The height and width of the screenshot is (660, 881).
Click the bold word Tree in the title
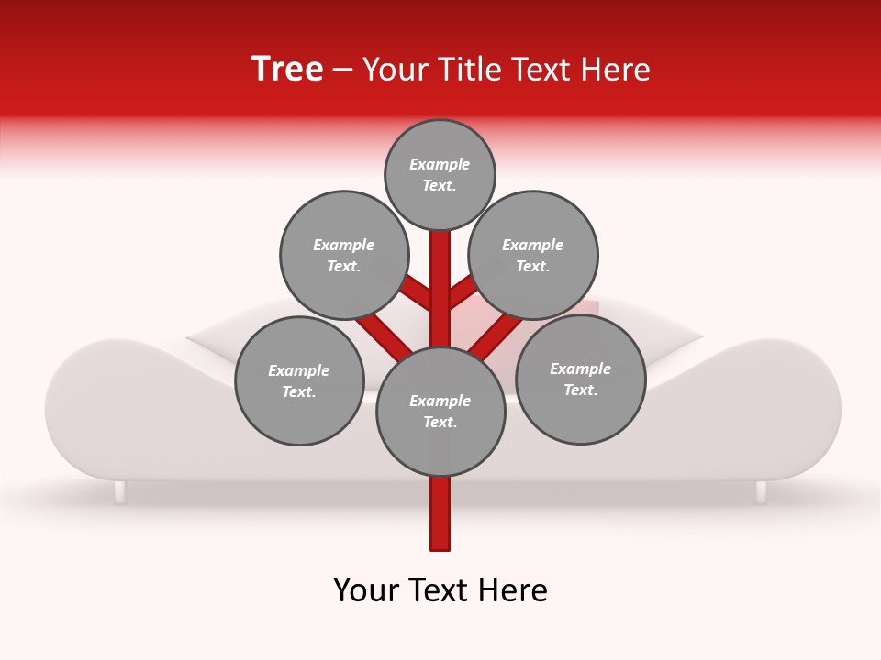tap(287, 69)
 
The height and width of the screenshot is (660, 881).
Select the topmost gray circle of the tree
tap(440, 175)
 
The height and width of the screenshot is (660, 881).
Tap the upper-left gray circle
tap(343, 255)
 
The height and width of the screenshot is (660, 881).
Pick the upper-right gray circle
tap(532, 255)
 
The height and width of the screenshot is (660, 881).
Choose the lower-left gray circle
tap(298, 380)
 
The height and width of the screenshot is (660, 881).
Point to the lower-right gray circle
tap(580, 379)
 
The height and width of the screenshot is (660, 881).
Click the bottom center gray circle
tap(440, 411)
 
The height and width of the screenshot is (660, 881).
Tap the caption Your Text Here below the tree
tap(440, 590)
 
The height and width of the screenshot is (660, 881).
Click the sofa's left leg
tap(119, 492)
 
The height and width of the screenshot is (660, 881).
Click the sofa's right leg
tap(761, 492)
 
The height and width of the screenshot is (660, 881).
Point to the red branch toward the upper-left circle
tap(416, 294)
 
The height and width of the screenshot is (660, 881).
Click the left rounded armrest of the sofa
tap(92, 403)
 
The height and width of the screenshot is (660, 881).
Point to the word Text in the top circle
tap(438, 185)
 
